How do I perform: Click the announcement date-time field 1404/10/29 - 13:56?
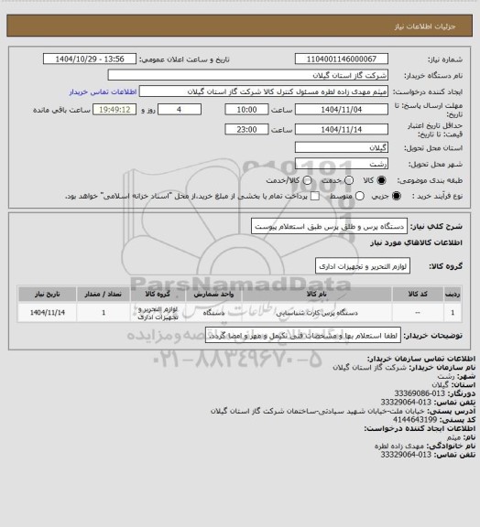point(98,59)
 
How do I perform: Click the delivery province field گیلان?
point(342,146)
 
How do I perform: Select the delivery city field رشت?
point(342,163)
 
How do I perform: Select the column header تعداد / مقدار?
point(103,296)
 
